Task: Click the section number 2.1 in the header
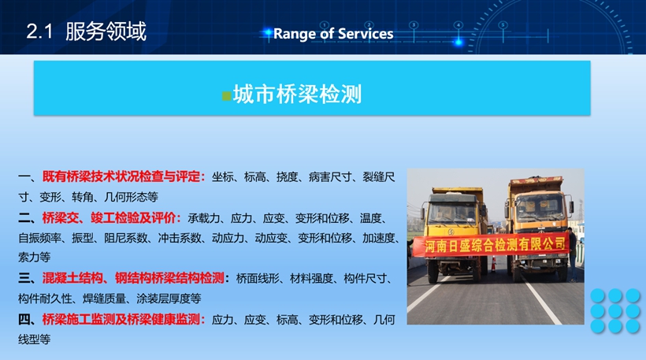[x=39, y=32]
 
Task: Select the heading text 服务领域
[x=106, y=32]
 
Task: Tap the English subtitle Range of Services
[x=333, y=34]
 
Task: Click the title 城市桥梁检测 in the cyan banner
[x=297, y=95]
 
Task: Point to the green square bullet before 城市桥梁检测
[x=226, y=96]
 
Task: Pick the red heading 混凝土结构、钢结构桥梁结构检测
[x=133, y=278]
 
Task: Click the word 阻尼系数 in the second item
[x=126, y=238]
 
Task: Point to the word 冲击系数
[x=180, y=238]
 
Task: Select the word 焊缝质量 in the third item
[x=104, y=299]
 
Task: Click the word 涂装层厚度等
[x=169, y=299]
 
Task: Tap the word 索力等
[x=34, y=258]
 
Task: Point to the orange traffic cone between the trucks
[x=493, y=264]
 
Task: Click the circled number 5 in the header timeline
[x=503, y=25]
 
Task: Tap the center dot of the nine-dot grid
[x=615, y=311]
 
